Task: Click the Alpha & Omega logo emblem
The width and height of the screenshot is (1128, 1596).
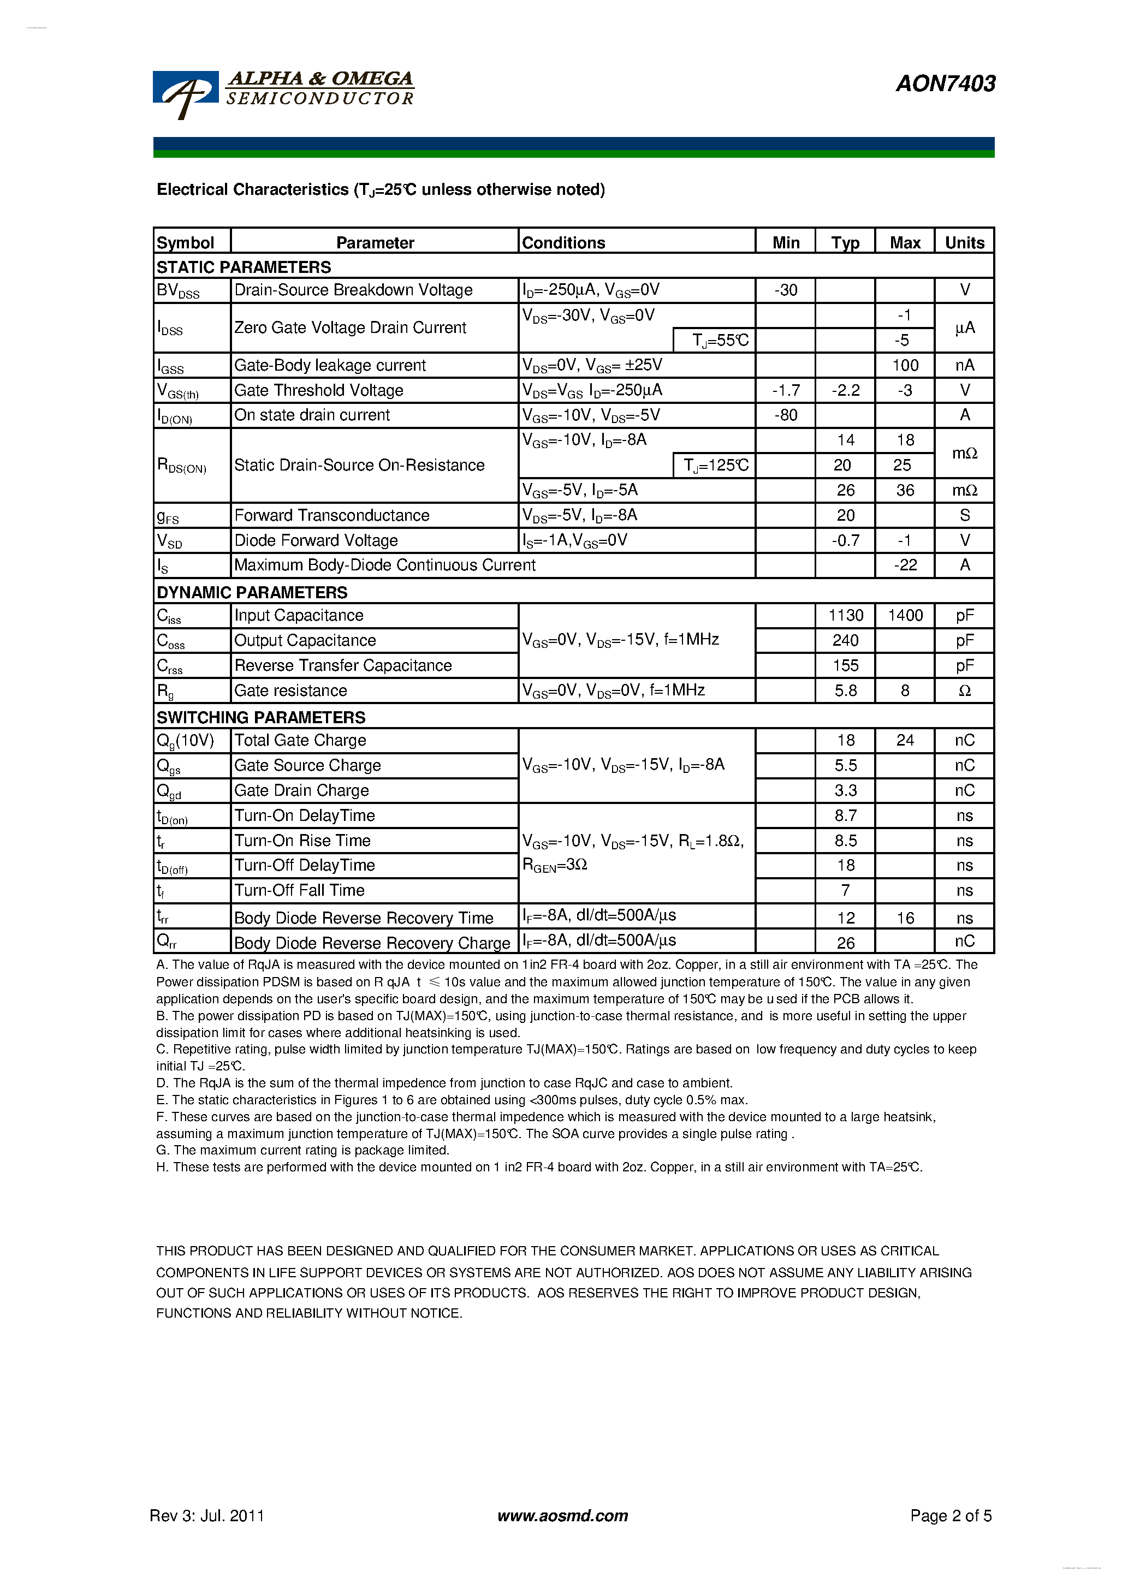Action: click(x=185, y=94)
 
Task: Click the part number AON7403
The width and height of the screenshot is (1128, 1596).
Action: click(x=945, y=84)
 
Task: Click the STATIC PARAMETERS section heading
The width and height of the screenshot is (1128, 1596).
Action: click(x=244, y=267)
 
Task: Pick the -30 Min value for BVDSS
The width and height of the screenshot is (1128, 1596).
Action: click(x=785, y=290)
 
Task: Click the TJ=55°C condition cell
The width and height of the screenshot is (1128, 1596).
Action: click(x=719, y=340)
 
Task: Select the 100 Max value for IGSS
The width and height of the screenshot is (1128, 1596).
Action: click(x=905, y=365)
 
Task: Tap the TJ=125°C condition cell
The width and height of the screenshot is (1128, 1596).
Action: click(x=715, y=465)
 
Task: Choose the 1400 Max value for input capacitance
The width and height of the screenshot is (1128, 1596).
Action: click(x=905, y=615)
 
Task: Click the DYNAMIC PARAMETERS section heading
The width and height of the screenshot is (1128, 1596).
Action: click(x=252, y=592)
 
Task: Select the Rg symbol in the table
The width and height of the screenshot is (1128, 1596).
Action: click(x=165, y=691)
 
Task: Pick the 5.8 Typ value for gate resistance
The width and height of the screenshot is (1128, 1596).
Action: click(x=845, y=690)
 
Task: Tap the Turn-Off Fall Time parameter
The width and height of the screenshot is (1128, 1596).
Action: click(x=299, y=890)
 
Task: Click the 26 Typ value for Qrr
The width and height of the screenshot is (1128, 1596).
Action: click(x=845, y=943)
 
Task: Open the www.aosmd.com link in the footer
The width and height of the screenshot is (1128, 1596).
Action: click(x=562, y=1515)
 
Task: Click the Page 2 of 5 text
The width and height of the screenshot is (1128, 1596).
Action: click(x=950, y=1515)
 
